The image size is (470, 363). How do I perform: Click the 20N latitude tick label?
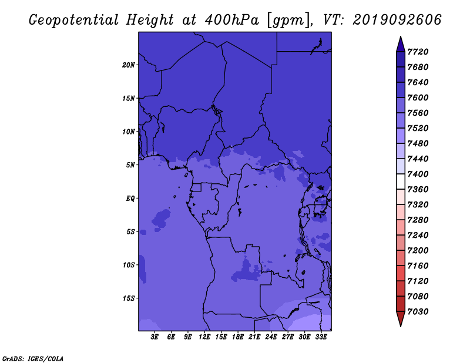[129, 65]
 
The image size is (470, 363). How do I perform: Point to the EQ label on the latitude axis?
[130, 199]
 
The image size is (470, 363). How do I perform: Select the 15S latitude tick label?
[129, 298]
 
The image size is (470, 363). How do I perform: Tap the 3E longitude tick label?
[155, 337]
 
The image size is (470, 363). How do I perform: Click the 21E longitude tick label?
[254, 337]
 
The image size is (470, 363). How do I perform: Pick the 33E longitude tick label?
[321, 337]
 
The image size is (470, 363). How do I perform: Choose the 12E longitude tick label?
[204, 337]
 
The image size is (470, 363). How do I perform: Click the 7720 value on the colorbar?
[418, 52]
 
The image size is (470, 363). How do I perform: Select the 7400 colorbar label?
[418, 174]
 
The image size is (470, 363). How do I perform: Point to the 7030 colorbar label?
[418, 312]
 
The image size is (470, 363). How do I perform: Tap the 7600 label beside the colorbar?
[418, 98]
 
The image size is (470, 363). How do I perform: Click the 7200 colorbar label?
[418, 251]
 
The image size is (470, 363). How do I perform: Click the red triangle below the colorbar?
[401, 318]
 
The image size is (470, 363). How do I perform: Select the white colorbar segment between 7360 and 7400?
[401, 181]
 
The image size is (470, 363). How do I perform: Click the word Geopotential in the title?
[74, 21]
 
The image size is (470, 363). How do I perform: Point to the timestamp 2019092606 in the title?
[397, 20]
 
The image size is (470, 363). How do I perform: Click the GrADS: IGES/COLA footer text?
[33, 359]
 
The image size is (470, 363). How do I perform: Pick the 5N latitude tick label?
[130, 165]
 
